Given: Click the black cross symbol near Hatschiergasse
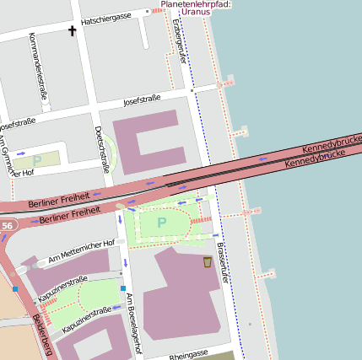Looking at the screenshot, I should point(72,31).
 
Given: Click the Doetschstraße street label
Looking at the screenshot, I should point(102,148).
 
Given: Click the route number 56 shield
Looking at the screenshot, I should point(8,226).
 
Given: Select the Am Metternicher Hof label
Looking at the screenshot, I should point(81,250).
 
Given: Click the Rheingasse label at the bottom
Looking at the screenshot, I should point(188,357).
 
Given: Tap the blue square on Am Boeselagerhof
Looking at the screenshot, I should point(123,288).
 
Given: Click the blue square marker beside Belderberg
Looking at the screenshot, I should point(15,289).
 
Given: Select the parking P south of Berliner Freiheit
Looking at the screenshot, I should point(161,223).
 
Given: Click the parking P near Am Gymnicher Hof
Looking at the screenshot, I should point(36,159).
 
